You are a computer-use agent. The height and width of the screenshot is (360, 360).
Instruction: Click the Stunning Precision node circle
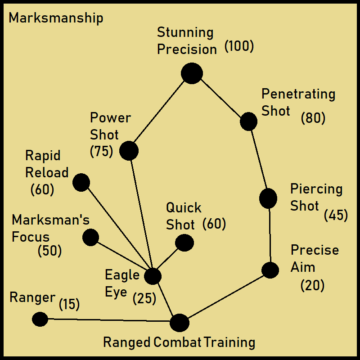[x=192, y=73]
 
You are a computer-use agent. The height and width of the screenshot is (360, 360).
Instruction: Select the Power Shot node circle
[x=129, y=151]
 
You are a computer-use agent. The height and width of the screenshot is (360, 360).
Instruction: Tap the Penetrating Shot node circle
[x=248, y=121]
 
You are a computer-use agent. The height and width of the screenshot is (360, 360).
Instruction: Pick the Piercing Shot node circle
[x=268, y=198]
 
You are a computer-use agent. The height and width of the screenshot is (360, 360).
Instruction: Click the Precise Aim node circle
[x=270, y=270]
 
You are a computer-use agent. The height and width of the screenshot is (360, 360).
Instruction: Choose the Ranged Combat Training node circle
[x=180, y=323]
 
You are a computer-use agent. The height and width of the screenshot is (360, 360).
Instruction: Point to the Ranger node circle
[x=40, y=319]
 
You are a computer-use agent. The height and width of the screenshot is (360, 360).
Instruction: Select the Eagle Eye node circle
[x=153, y=276]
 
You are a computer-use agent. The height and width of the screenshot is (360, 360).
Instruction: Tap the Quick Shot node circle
[x=184, y=243]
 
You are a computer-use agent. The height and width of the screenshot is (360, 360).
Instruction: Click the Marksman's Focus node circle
[x=90, y=237]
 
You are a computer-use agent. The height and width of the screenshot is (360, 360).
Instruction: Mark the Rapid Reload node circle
[x=81, y=183]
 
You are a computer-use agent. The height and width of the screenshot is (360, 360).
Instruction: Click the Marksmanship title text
[x=56, y=18]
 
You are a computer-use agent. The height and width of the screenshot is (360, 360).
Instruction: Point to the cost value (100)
[x=239, y=46]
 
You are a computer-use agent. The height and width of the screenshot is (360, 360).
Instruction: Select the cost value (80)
[x=313, y=118]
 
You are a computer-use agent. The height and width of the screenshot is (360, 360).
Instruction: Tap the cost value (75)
[x=101, y=152]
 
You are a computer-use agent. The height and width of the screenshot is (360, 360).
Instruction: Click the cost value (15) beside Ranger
[x=69, y=305]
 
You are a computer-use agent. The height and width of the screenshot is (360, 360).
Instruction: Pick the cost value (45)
[x=336, y=216]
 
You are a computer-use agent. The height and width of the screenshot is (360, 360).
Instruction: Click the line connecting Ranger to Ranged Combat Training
[x=108, y=321]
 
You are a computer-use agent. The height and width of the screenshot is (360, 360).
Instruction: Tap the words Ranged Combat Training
[x=179, y=342]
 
